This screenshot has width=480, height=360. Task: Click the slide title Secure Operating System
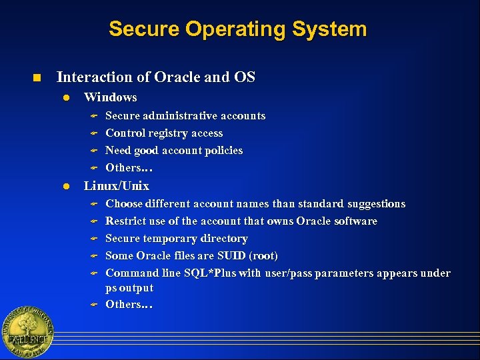pos(237,29)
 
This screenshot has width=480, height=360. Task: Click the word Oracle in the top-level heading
pos(177,77)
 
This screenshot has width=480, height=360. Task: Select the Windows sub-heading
pos(110,97)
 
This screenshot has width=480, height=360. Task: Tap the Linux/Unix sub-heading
pos(116,186)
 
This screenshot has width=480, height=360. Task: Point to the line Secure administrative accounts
pos(185,116)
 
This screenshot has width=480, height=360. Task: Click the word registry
pos(171,133)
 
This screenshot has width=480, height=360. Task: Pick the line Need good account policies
pos(174,151)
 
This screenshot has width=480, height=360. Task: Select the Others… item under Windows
pos(129,168)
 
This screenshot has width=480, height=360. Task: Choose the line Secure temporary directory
pos(177,239)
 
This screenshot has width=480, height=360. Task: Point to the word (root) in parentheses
pos(267,256)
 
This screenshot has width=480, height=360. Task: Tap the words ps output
pos(129,288)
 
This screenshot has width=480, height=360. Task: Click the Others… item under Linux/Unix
pos(129,305)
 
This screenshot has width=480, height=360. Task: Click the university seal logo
pos(27,332)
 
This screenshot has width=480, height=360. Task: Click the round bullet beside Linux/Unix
pos(66,187)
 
